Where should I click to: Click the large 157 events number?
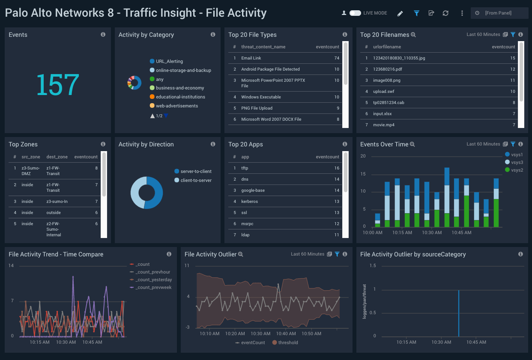[x=57, y=84]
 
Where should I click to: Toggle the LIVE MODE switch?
[x=355, y=13]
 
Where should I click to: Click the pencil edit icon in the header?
[x=400, y=13]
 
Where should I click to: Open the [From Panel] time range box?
[x=499, y=13]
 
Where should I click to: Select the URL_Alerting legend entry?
[x=169, y=62]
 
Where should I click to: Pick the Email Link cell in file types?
[x=251, y=58]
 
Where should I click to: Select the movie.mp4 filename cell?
[x=384, y=125]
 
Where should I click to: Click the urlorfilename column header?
[x=387, y=47]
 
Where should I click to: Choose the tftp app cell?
[x=245, y=168]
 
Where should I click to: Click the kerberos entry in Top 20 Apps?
[x=249, y=202]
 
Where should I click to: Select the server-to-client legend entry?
[x=196, y=172]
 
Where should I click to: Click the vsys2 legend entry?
[x=517, y=170]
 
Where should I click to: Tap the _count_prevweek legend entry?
[x=153, y=288]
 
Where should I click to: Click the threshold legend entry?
[x=288, y=342]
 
